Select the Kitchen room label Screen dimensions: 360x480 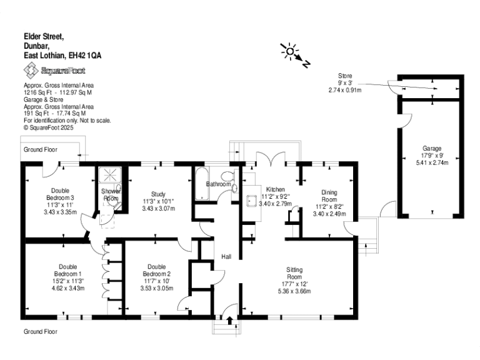click(x=276, y=189)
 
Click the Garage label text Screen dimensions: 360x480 click(x=431, y=149)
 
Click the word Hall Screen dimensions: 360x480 click(x=226, y=257)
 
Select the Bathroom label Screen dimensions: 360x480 click(x=219, y=184)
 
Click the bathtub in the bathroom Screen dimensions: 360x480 click(x=203, y=184)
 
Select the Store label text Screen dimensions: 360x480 click(x=345, y=76)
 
